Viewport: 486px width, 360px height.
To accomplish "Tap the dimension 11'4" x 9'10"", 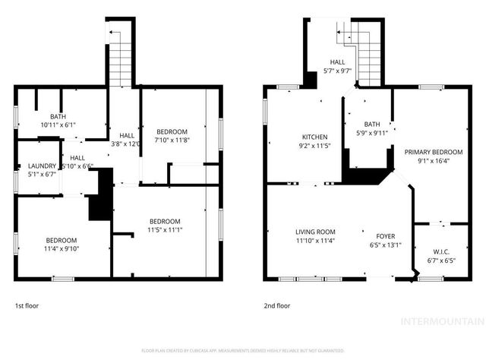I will [60, 248].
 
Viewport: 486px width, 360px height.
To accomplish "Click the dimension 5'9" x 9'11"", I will [371, 133].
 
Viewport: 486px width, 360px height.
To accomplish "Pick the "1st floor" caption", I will [27, 306].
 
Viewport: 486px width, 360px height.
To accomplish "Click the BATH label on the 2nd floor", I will [371, 124].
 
